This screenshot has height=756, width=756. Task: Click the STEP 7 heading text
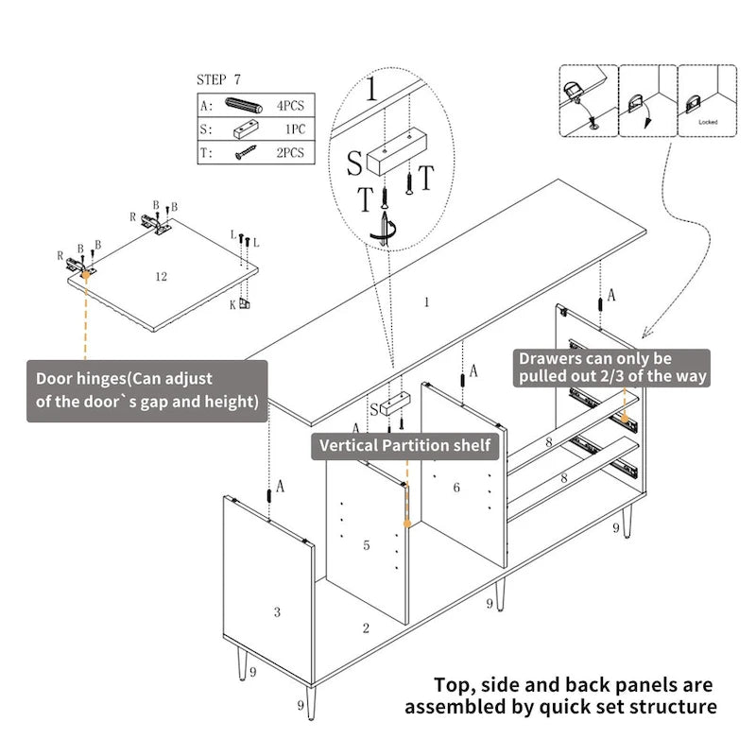[226, 81]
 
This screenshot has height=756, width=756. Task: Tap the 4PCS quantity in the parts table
[289, 105]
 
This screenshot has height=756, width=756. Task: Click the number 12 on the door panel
[161, 276]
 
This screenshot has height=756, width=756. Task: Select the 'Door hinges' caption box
[146, 389]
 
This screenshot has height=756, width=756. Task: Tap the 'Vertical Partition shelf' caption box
[405, 445]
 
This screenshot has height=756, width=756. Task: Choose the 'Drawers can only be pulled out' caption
[611, 369]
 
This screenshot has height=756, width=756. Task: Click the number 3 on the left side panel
[277, 612]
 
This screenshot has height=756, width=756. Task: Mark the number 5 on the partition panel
[367, 545]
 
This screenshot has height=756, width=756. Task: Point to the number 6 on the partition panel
[456, 488]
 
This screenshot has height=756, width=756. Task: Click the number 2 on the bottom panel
[366, 627]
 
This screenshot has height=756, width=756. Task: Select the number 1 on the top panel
[427, 302]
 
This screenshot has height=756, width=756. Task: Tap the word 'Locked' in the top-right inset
[708, 122]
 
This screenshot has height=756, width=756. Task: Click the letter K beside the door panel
[232, 303]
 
